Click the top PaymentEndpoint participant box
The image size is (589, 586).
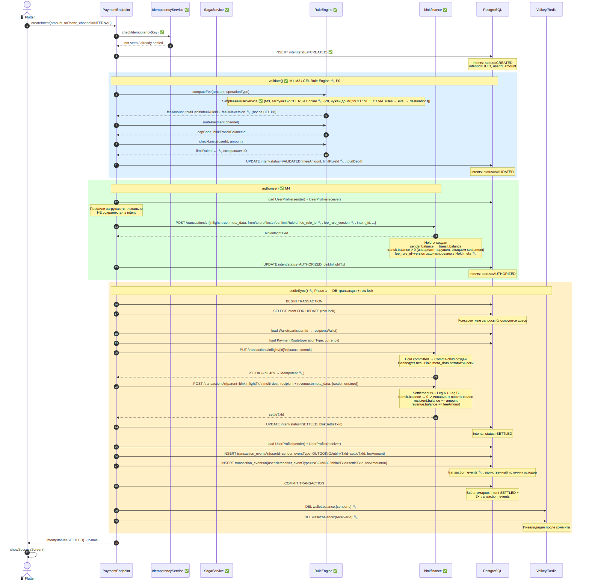coord(116,9)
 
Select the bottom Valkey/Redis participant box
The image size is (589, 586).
coord(546,571)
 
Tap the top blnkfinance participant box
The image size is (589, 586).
coord(436,9)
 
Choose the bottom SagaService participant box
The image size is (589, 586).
coord(216,571)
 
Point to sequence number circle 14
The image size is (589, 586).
coord(436,236)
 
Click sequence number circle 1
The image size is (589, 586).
coord(27,26)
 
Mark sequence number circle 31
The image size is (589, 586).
coord(116,543)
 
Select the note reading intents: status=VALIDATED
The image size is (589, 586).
coord(492,172)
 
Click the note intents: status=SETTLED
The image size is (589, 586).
coord(492,434)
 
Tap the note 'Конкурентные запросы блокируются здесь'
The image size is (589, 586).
coord(492,320)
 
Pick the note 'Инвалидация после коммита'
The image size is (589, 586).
coord(546,527)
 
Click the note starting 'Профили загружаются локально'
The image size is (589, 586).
coord(116,211)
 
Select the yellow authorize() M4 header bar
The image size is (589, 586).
coord(276,188)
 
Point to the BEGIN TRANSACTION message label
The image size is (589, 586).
coord(304,301)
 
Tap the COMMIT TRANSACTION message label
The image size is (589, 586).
coord(304,483)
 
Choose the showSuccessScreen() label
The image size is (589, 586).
coord(27,550)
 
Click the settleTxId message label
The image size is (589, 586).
coord(276,414)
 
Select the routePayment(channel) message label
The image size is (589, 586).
coord(221,122)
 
